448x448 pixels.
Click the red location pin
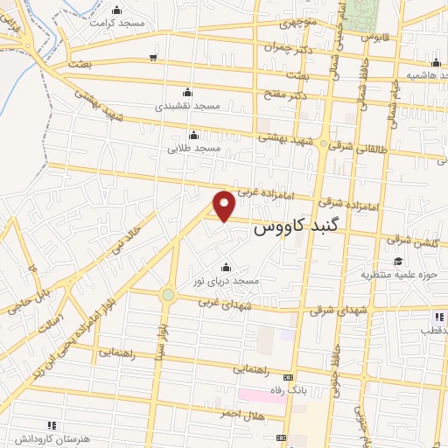pos(225,205)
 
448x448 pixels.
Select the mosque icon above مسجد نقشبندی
pos(185,92)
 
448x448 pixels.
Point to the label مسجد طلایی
pos(194,149)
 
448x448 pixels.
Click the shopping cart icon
pos(153,58)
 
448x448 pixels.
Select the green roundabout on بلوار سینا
pos(167,295)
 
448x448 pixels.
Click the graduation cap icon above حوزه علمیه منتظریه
pos(398,261)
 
